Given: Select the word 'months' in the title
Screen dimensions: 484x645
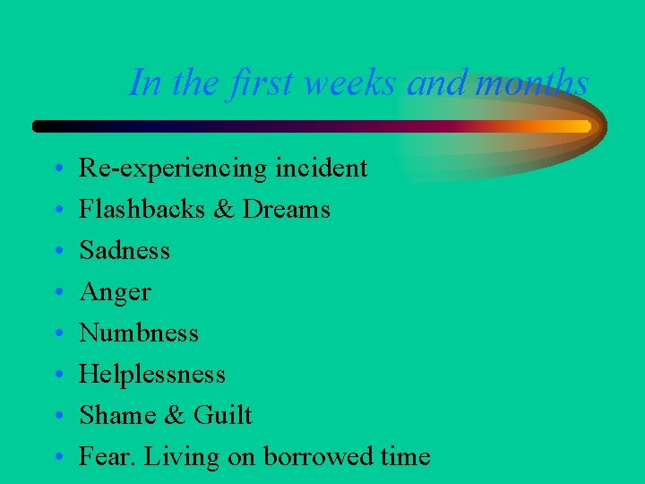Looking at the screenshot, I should point(534,83).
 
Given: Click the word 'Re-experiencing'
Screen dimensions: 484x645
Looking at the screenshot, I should point(173,169).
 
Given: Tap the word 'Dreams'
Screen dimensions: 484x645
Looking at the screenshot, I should point(287,209).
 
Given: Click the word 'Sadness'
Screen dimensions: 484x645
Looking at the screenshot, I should point(125,250).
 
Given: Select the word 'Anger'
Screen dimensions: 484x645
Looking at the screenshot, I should point(116,292).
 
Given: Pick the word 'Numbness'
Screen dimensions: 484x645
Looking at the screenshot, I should point(139,333).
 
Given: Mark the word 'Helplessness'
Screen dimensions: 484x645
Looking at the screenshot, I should point(152,374).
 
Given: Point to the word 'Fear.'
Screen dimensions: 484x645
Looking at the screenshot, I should point(107,456).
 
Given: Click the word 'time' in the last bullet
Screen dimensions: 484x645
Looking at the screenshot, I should point(405,456).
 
